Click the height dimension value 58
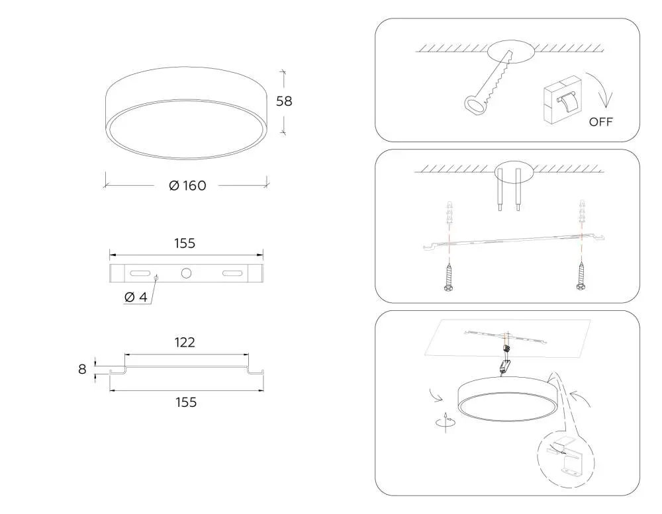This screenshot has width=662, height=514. pos(284,101)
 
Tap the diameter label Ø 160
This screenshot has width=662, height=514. pos(187,186)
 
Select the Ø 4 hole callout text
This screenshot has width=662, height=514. pos(136,297)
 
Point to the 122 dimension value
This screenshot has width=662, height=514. pos(185,342)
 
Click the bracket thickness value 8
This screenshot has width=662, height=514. pos(82,369)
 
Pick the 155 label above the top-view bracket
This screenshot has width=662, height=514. pos(185,243)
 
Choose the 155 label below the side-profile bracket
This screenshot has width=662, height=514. pos(186,402)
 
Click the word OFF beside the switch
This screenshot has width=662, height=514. pos(601,122)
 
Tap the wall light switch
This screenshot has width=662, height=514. pos(563,100)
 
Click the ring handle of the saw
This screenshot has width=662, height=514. pos(475,105)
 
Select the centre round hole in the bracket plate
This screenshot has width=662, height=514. pos(186,273)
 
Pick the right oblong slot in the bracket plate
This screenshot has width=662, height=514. pos(232,273)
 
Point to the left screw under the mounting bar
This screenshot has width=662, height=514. pos(449,277)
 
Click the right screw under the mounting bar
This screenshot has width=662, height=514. pos(581,276)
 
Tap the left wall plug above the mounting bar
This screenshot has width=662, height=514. pos(449,215)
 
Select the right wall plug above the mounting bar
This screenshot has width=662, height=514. pos(582,214)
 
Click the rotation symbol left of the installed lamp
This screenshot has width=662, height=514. pos(445,421)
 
